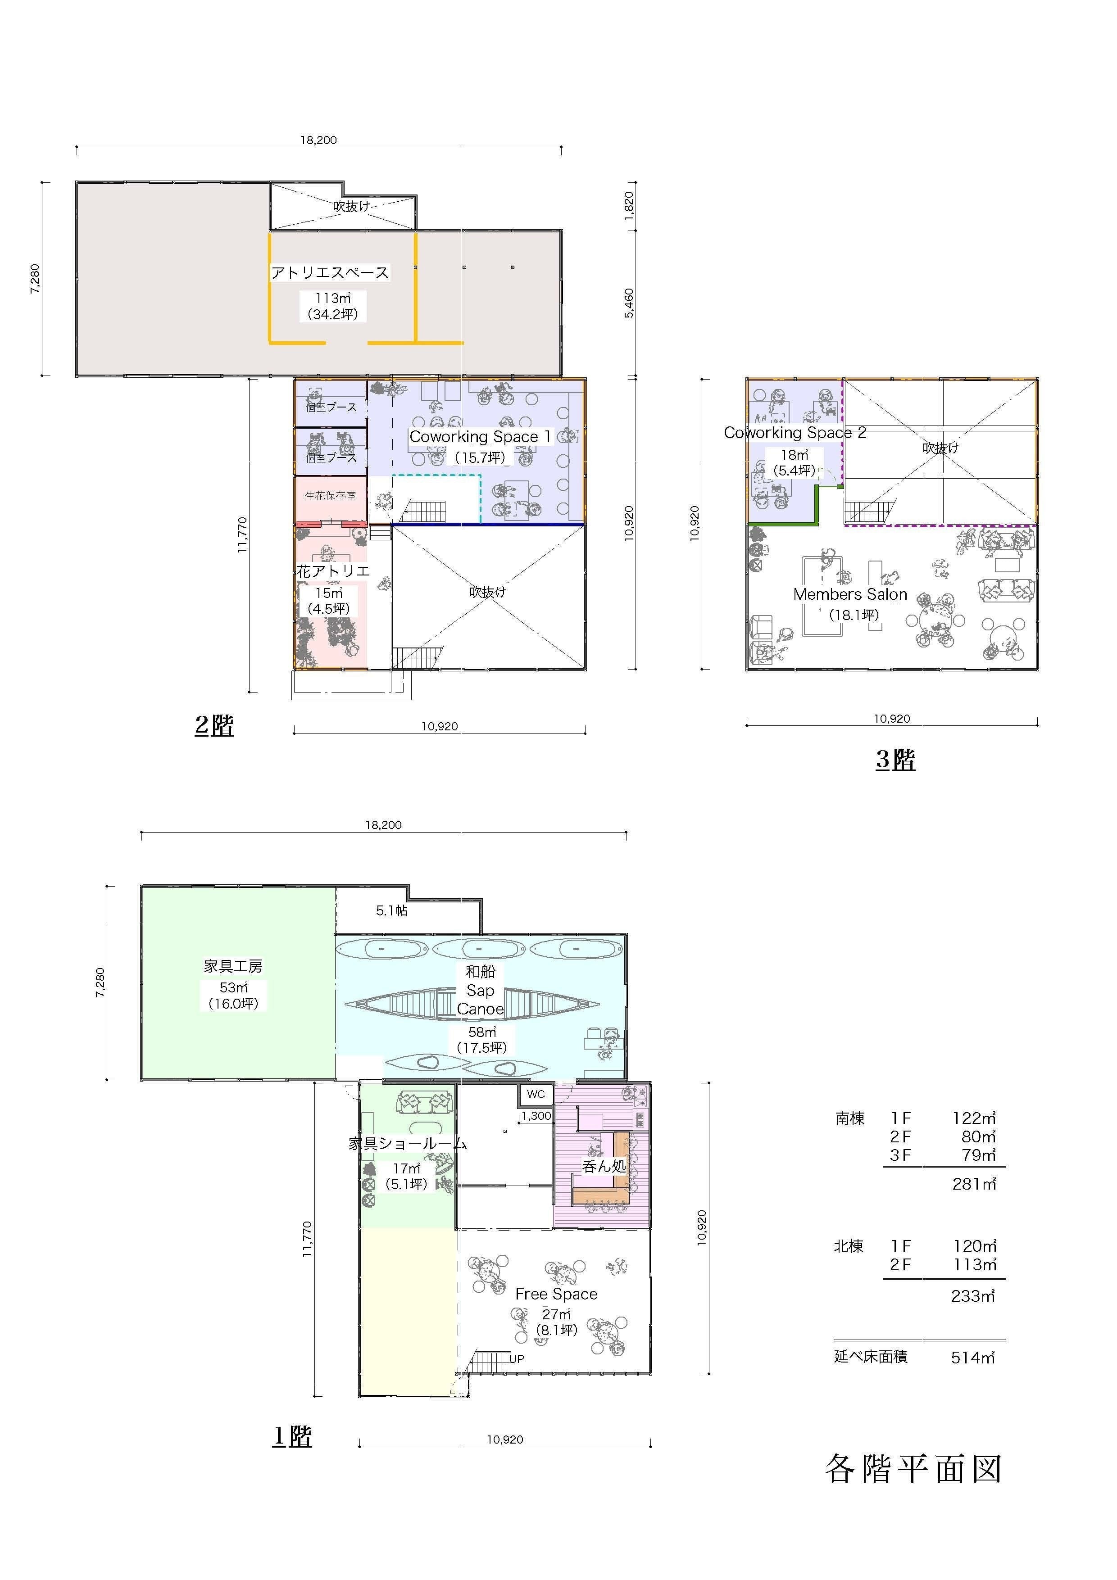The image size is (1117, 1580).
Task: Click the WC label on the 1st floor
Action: point(536,1094)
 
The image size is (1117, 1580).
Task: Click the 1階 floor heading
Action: point(292,1436)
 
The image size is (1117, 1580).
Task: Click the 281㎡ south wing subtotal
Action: point(974,1184)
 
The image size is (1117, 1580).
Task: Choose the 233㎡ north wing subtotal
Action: point(973,1296)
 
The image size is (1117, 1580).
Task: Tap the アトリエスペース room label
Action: point(330,272)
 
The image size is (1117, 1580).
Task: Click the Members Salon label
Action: point(850,594)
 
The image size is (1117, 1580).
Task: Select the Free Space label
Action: point(556,1294)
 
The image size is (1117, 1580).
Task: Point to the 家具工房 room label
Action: point(233,966)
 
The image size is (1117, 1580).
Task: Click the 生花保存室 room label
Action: point(330,495)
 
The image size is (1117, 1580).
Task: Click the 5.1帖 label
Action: point(391,910)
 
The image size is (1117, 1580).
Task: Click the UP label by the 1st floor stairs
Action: point(517,1358)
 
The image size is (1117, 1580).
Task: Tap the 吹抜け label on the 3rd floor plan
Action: point(940,447)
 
